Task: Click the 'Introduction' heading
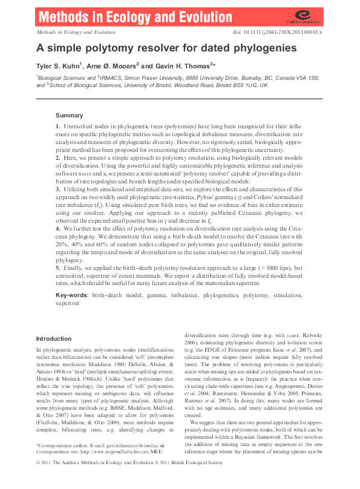pyautogui.click(x=53, y=339)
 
